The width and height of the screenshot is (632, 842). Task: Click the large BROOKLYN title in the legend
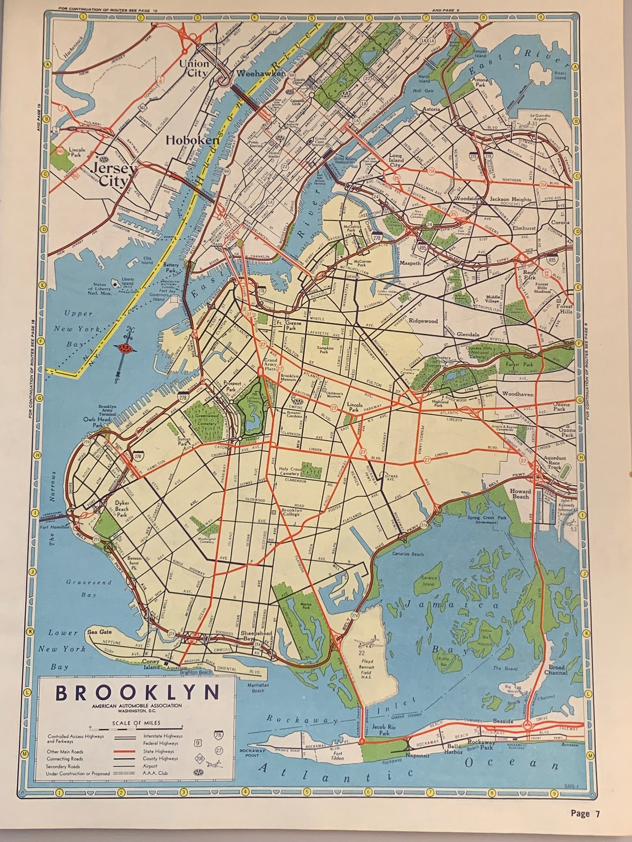point(137,693)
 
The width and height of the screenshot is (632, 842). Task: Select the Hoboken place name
point(192,141)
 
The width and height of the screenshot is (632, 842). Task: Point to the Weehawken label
point(261,73)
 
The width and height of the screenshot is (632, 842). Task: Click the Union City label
point(193,68)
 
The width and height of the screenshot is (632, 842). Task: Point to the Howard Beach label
point(520,494)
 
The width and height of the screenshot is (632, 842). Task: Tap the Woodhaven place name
point(517,394)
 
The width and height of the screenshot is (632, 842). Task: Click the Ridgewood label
point(423,321)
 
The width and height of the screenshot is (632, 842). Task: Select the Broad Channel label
point(557,670)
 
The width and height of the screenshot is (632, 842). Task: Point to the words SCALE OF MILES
point(136,722)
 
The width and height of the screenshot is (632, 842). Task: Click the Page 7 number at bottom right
point(585,813)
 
